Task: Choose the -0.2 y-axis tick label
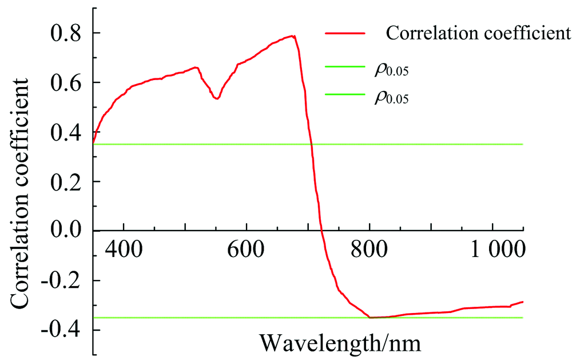62,280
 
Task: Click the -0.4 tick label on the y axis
62,330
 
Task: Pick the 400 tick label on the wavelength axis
122,250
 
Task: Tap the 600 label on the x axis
246,250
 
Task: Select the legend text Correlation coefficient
478,33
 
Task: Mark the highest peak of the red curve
293,36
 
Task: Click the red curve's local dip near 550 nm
216,98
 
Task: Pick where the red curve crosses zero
321,231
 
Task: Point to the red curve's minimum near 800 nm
371,317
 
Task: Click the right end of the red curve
523,301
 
